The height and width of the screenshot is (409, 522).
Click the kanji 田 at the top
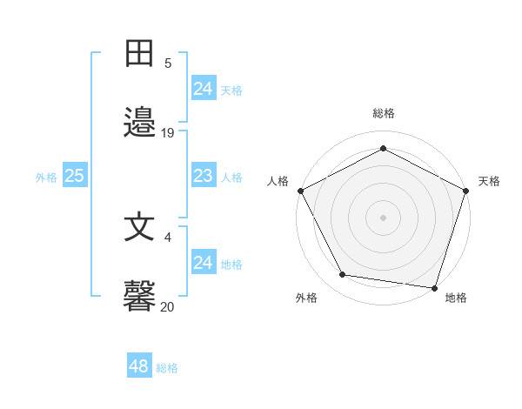point(139,53)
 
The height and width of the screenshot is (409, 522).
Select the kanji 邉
point(139,124)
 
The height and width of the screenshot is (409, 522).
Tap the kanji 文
point(139,227)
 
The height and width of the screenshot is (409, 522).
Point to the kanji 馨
point(139,297)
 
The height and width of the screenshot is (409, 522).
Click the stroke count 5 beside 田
point(168,64)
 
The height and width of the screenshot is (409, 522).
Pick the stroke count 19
point(168,133)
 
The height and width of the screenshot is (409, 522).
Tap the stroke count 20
point(168,306)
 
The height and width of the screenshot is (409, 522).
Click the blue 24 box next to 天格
point(204,89)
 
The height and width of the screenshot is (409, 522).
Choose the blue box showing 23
point(204,177)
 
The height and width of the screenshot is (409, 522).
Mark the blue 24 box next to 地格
point(204,263)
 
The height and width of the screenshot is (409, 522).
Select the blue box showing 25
point(75,177)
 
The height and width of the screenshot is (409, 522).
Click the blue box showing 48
point(139,366)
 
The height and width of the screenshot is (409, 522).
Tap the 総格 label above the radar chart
point(384,113)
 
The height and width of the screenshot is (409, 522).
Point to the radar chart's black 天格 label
point(489,181)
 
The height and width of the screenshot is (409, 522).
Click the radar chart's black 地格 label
point(456,298)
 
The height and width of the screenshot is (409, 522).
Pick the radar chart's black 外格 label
point(306,298)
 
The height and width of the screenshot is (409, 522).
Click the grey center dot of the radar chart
point(384,217)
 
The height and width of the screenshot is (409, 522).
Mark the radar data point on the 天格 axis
point(466,190)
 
